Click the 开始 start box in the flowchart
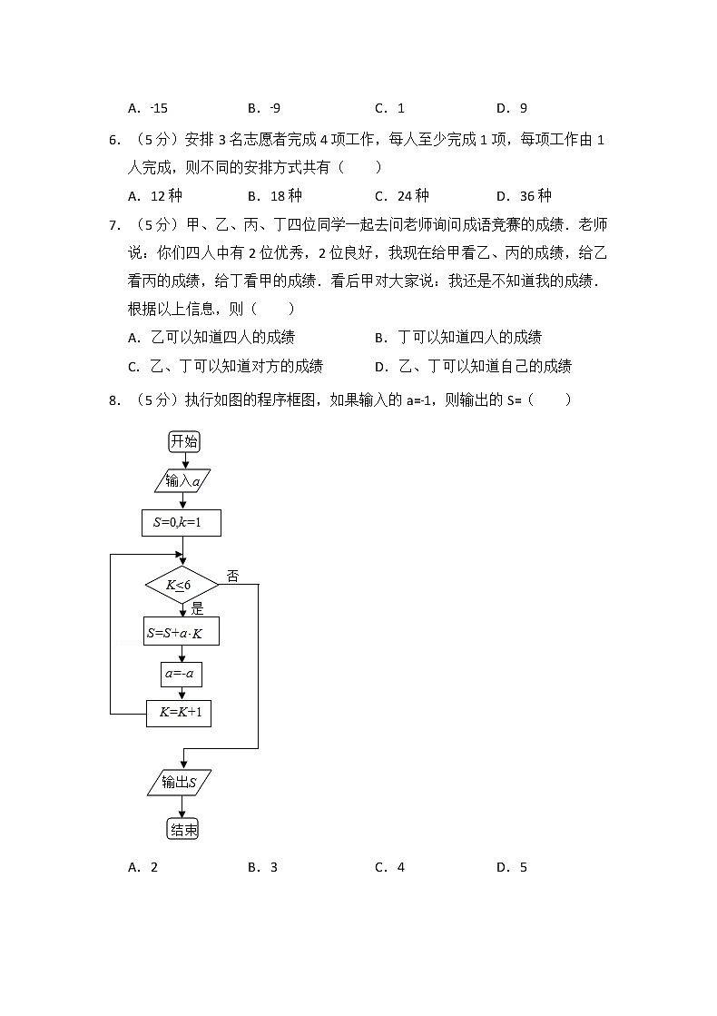click(183, 441)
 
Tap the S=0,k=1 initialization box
click(182, 522)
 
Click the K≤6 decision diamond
click(182, 586)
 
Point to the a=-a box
click(182, 674)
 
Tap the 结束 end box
click(182, 829)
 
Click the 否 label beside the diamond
click(232, 576)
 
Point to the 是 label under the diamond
click(197, 608)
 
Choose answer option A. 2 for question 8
click(143, 867)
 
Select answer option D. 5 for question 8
click(512, 867)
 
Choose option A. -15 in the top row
click(148, 108)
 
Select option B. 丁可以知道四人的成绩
click(458, 338)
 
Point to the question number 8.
click(114, 399)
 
